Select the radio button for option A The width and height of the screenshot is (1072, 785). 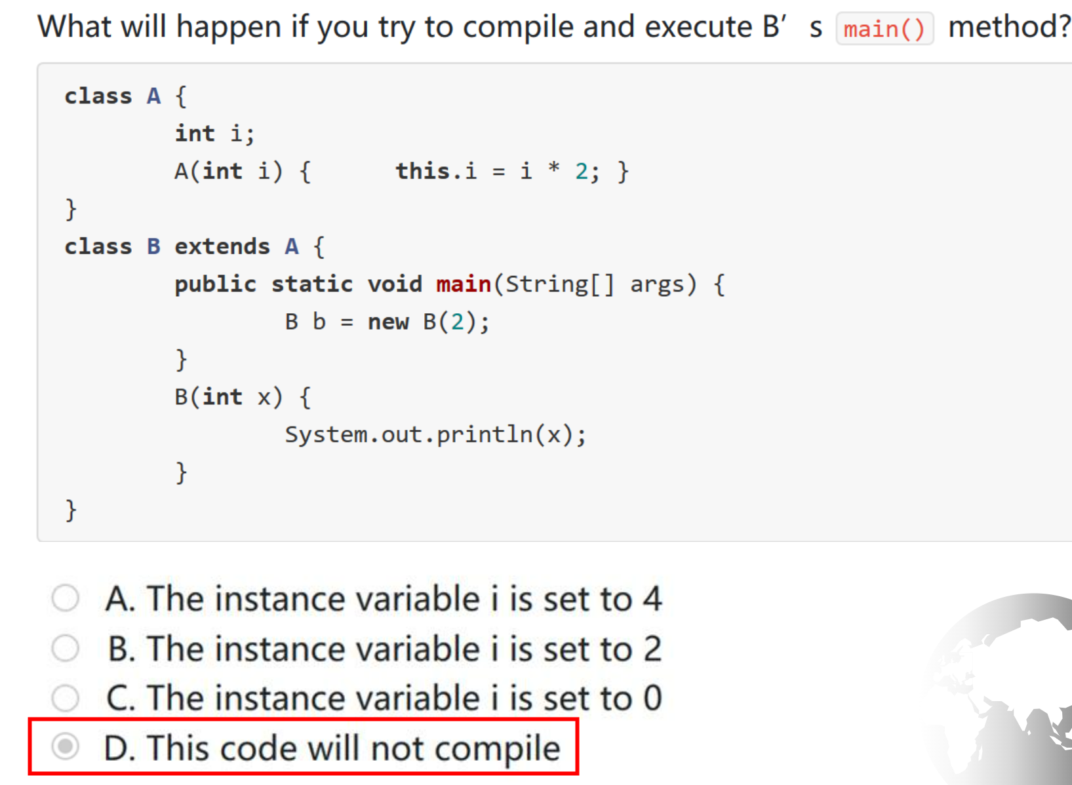pyautogui.click(x=66, y=598)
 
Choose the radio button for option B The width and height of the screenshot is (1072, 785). pyautogui.click(x=66, y=648)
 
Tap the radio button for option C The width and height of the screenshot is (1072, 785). pyautogui.click(x=66, y=698)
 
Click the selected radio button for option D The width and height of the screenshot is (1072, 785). pyautogui.click(x=66, y=746)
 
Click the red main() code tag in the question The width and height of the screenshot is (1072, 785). pyautogui.click(x=884, y=29)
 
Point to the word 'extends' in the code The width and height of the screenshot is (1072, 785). pyautogui.click(x=222, y=247)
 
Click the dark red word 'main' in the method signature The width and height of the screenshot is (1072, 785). pyautogui.click(x=464, y=284)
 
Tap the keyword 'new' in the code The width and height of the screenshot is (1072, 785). pyautogui.click(x=388, y=322)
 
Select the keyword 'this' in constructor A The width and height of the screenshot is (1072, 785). pyautogui.click(x=423, y=171)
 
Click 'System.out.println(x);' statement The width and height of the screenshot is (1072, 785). pyautogui.click(x=435, y=435)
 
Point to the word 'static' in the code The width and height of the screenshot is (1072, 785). pyautogui.click(x=312, y=284)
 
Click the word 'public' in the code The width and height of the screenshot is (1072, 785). pyautogui.click(x=215, y=285)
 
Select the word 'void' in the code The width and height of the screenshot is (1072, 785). pyautogui.click(x=395, y=284)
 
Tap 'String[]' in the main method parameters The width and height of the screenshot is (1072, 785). pyautogui.click(x=560, y=284)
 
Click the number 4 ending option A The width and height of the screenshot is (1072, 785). pyautogui.click(x=652, y=598)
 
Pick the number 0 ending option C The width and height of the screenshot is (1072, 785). pyautogui.click(x=653, y=698)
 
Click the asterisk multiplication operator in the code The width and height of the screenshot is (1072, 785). pyautogui.click(x=554, y=168)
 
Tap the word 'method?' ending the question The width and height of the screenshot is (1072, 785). pyautogui.click(x=1010, y=27)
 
